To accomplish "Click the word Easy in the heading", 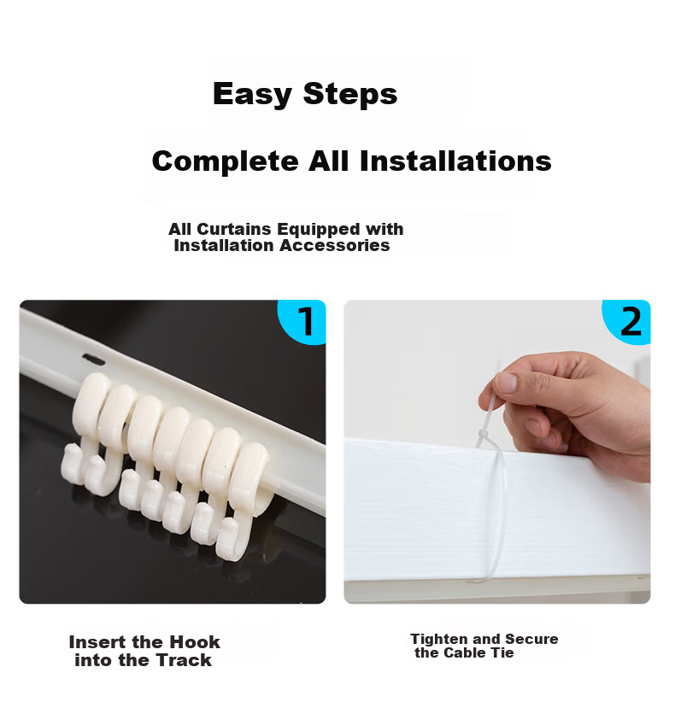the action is click(252, 95).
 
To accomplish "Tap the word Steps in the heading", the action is click(350, 94).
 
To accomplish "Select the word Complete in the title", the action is click(226, 161).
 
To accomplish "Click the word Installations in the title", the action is click(455, 161).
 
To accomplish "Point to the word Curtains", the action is click(234, 229).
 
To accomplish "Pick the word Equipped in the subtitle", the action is click(319, 230).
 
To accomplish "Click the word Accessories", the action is click(335, 245).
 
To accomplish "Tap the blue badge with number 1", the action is click(302, 321).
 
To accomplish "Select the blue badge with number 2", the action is click(627, 321).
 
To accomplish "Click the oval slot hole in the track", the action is click(94, 359).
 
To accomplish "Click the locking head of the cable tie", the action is click(483, 435).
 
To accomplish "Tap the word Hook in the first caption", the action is click(195, 642).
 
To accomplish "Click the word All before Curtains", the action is click(180, 229).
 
